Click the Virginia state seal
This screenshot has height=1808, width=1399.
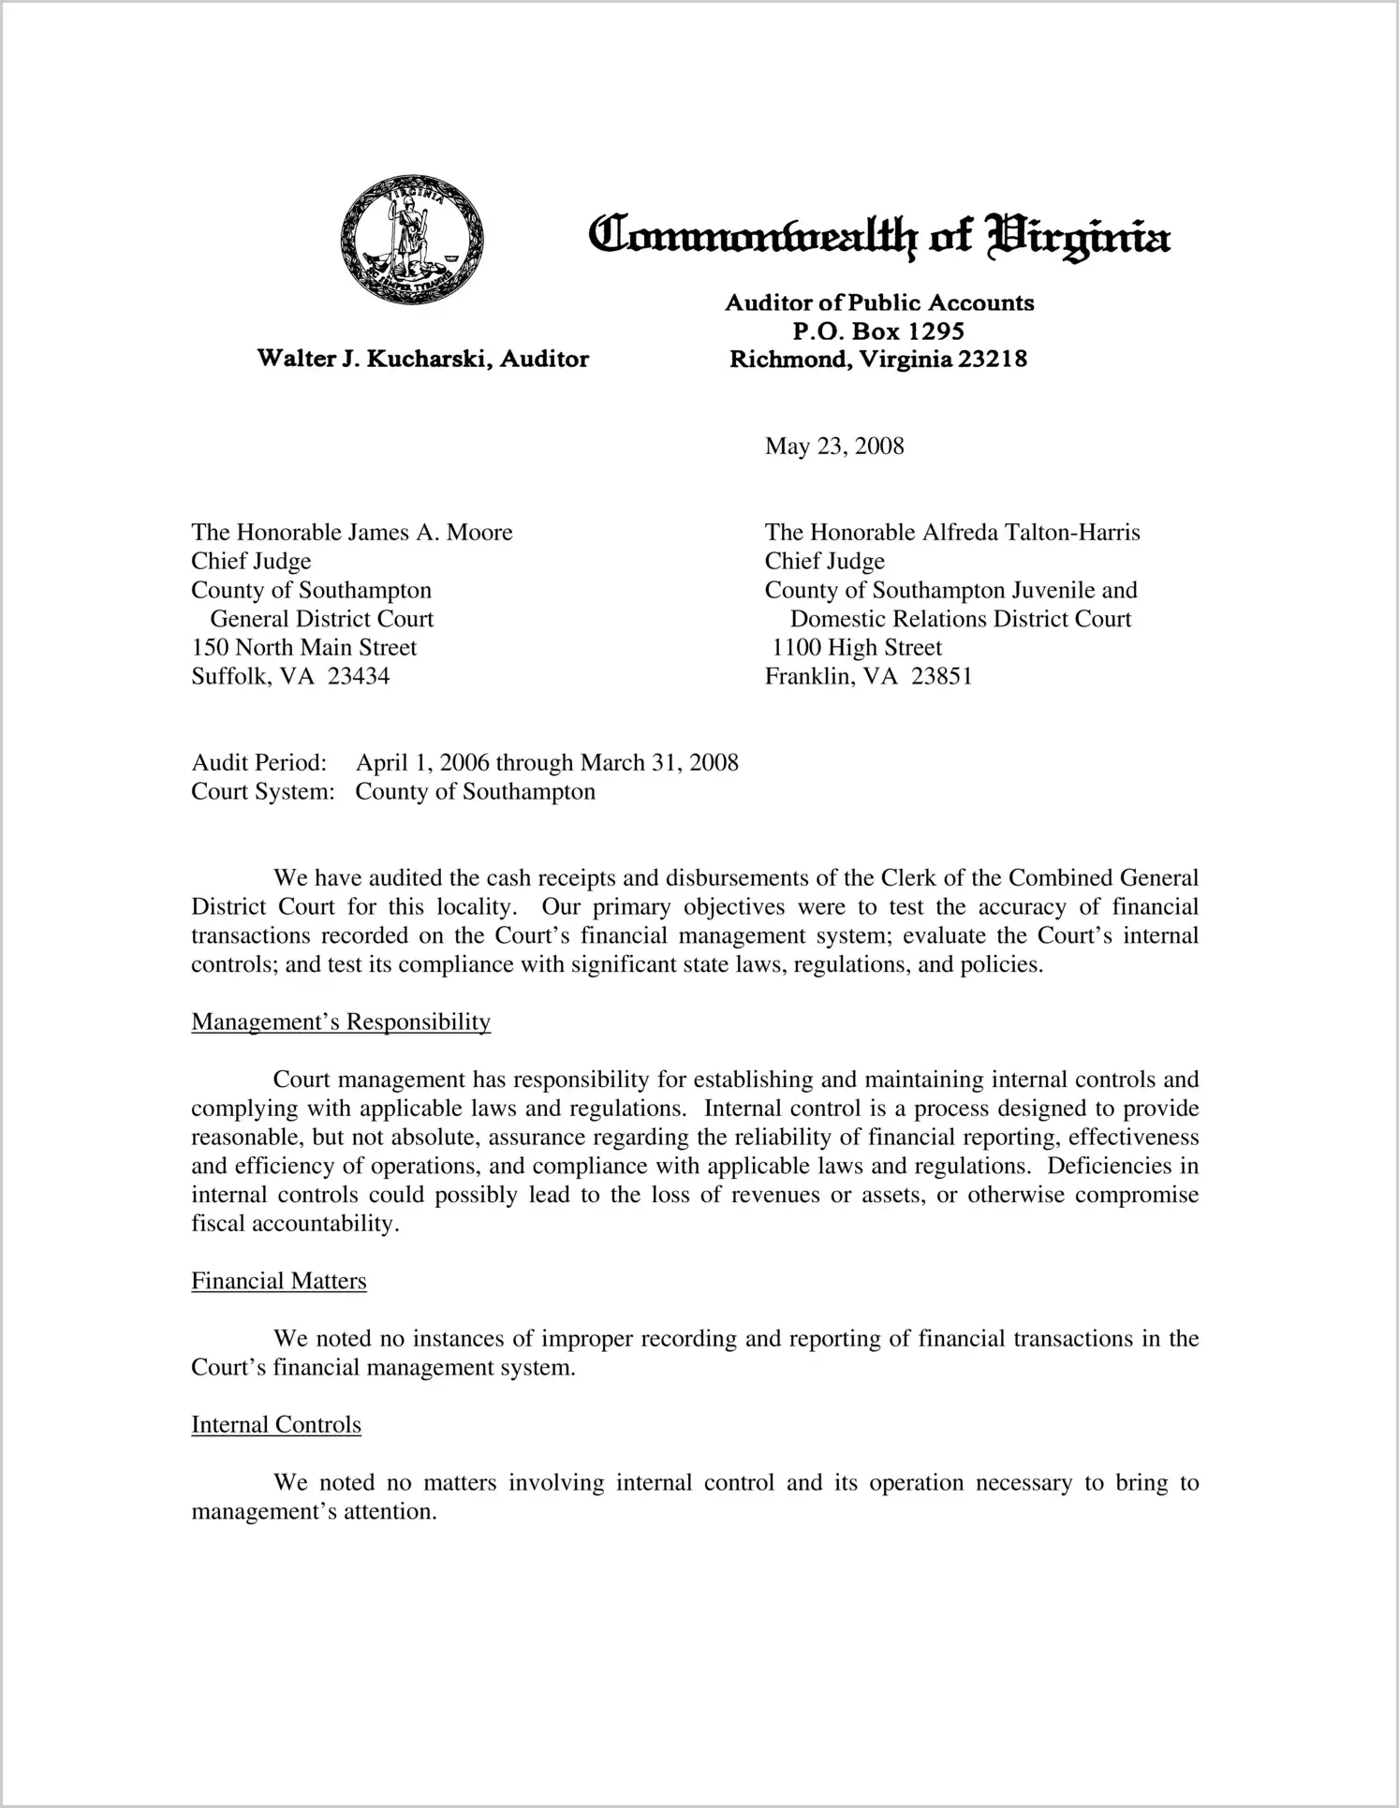412,239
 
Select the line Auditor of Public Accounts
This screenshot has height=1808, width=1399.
879,302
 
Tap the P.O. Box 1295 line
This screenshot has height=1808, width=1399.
878,331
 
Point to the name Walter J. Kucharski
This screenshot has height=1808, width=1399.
375,359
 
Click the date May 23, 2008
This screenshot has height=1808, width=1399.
834,446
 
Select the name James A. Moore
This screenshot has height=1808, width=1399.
431,533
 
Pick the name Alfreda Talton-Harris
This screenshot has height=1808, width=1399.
1031,533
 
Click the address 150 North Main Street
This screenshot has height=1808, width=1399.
304,648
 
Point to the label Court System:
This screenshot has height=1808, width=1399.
263,792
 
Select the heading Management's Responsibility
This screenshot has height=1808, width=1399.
341,1022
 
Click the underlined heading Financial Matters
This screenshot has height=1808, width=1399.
279,1281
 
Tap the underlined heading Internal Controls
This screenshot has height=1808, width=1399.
276,1425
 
